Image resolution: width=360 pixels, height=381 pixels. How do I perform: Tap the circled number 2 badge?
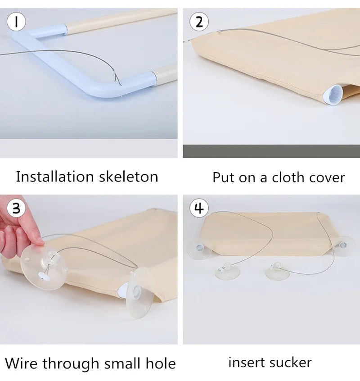[199, 21]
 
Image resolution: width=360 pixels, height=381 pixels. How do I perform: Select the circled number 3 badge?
[16, 208]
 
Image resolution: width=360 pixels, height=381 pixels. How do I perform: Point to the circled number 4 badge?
[199, 209]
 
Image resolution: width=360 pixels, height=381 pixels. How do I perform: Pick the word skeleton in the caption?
[132, 177]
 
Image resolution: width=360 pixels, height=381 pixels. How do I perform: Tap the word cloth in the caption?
[289, 177]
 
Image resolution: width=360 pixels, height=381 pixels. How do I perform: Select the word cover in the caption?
[328, 177]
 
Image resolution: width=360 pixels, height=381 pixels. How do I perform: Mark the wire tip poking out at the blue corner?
[118, 80]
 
